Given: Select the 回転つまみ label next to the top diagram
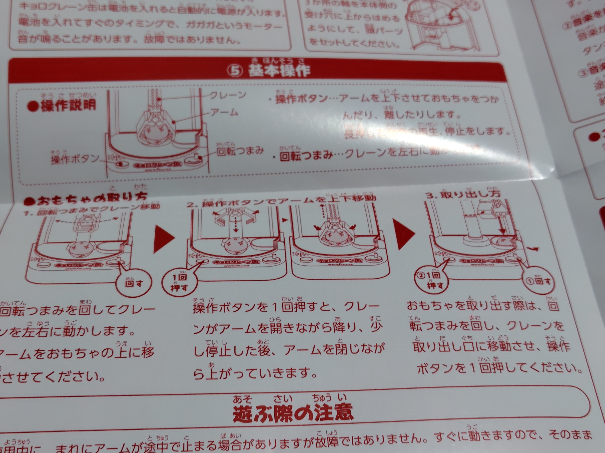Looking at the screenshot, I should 240,151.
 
